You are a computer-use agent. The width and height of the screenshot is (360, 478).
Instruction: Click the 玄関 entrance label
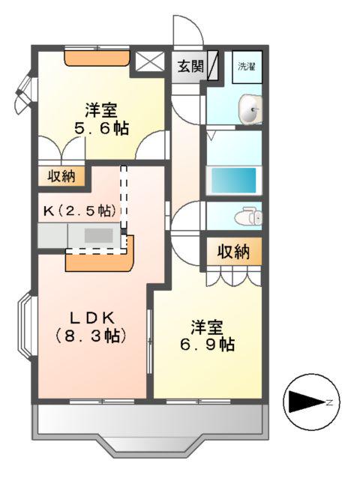(x=190, y=66)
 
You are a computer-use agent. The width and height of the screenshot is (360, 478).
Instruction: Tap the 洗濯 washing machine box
(x=247, y=67)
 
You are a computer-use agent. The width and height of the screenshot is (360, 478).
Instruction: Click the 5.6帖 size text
(x=102, y=128)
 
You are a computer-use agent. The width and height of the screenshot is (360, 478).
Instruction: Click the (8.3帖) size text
(x=89, y=336)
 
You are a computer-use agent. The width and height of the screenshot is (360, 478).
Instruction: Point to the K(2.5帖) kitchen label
(x=78, y=210)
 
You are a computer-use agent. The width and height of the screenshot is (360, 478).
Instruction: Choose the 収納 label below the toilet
(x=233, y=252)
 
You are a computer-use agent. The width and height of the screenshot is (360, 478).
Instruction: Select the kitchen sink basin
(x=97, y=235)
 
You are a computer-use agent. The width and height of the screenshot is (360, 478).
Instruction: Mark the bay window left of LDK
(x=25, y=327)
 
